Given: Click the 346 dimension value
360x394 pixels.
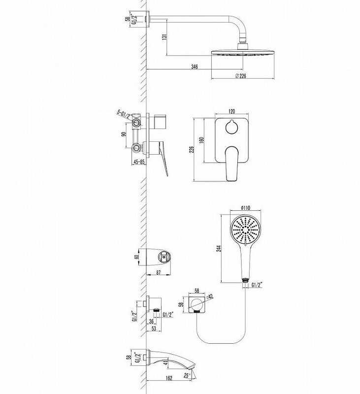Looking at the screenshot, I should (195, 66).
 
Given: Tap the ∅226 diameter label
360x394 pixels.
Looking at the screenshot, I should (241, 76).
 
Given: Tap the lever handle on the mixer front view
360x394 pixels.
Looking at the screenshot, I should (232, 165).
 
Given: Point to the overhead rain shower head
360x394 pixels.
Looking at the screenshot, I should (242, 51).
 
